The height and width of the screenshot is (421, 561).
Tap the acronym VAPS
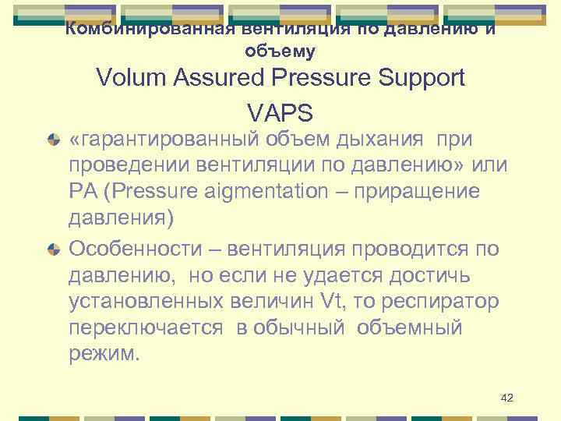pos(280,113)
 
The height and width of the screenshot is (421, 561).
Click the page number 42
pos(506,398)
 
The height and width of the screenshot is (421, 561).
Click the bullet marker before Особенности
pos(54,249)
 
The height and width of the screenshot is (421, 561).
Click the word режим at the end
pos(102,354)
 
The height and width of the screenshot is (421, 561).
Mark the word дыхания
pos(381,139)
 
